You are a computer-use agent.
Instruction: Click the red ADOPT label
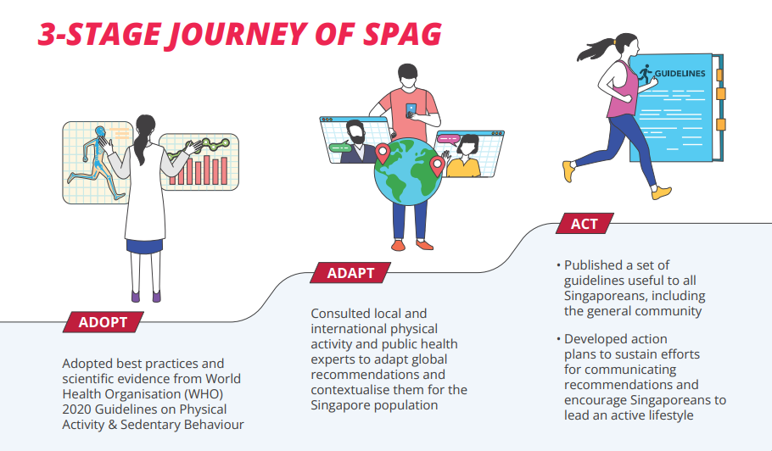coord(103,322)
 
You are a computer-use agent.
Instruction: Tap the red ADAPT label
coord(350,273)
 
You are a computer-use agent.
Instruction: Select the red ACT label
coord(584,224)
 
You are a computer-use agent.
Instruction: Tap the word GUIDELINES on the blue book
coord(680,73)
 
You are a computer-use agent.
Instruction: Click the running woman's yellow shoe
coord(568,171)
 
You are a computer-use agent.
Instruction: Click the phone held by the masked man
coord(411,110)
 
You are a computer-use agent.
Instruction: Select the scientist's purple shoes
coord(145,296)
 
